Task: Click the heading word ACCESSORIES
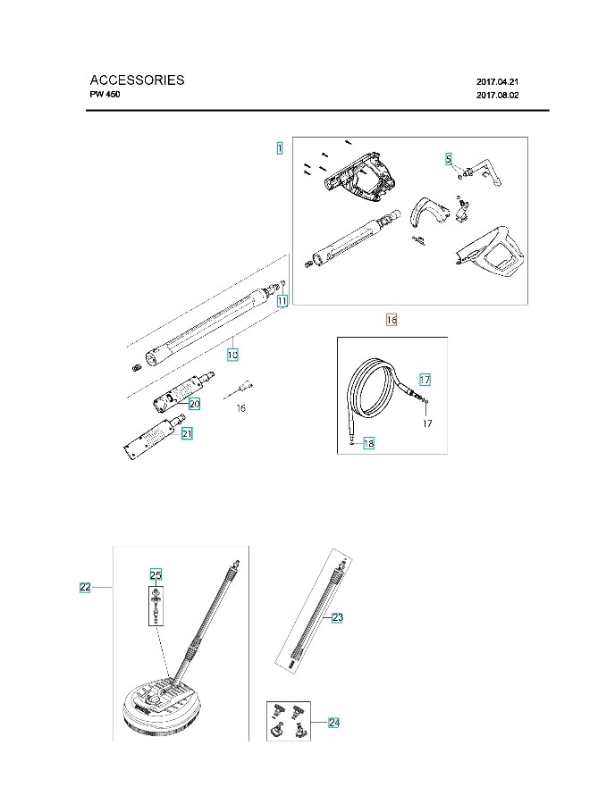(137, 80)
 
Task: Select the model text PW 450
(105, 95)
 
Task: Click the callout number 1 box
(280, 148)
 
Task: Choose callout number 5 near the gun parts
(449, 158)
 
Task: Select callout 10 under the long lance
(232, 355)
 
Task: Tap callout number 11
(282, 301)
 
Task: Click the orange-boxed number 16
(391, 319)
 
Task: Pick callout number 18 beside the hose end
(368, 443)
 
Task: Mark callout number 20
(194, 404)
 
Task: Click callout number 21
(187, 433)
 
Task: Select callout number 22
(85, 587)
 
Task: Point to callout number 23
(337, 617)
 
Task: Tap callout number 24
(333, 722)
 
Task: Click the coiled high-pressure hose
(375, 393)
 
